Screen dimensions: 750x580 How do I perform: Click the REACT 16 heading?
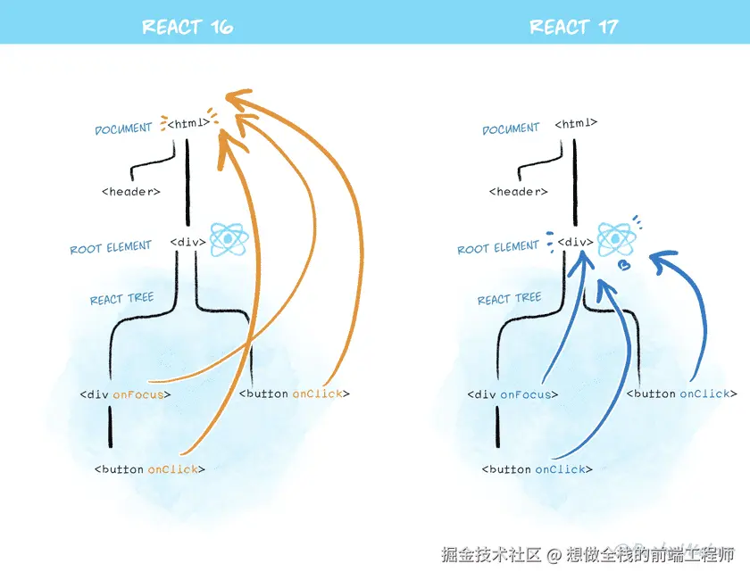[187, 27]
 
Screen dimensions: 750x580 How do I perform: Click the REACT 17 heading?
[573, 27]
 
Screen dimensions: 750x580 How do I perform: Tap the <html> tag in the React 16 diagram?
[188, 123]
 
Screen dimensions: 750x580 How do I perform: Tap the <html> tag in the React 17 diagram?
[576, 123]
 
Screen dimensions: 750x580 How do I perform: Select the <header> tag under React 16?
[131, 192]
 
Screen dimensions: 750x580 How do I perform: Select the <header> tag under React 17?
[519, 192]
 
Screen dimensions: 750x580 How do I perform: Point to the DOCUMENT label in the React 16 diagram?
[123, 128]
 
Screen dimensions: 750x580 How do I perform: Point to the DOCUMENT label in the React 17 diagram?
[511, 128]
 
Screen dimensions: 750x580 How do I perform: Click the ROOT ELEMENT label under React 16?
[111, 248]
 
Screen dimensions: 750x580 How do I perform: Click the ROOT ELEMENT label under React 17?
[498, 248]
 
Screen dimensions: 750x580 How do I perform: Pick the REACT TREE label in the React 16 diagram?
[122, 299]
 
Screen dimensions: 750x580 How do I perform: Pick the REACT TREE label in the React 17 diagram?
[510, 299]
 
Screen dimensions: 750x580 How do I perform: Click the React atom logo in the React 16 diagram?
[229, 239]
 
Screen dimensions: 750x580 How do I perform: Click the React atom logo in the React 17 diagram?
[617, 239]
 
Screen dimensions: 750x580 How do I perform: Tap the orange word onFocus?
[138, 395]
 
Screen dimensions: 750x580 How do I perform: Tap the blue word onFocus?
[526, 395]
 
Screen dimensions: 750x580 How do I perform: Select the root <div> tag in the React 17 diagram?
[575, 242]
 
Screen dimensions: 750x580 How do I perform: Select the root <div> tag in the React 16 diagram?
[188, 242]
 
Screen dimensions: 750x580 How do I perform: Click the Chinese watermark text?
[587, 555]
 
